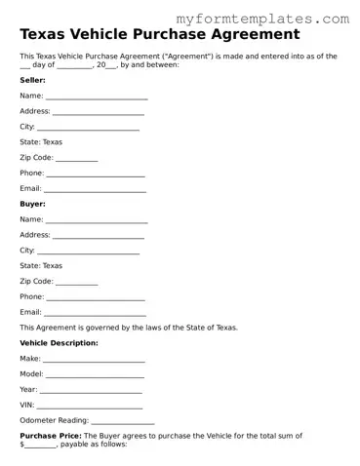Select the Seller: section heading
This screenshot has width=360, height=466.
32,80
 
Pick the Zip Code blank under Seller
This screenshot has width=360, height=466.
77,158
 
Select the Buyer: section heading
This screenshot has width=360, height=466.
32,204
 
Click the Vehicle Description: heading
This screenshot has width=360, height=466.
59,343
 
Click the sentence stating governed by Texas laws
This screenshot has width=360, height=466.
128,328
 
